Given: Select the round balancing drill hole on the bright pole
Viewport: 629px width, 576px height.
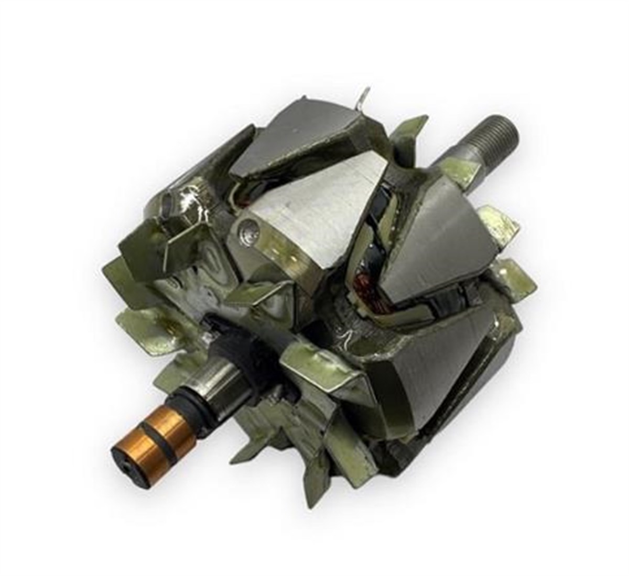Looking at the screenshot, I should pyautogui.click(x=249, y=229).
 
